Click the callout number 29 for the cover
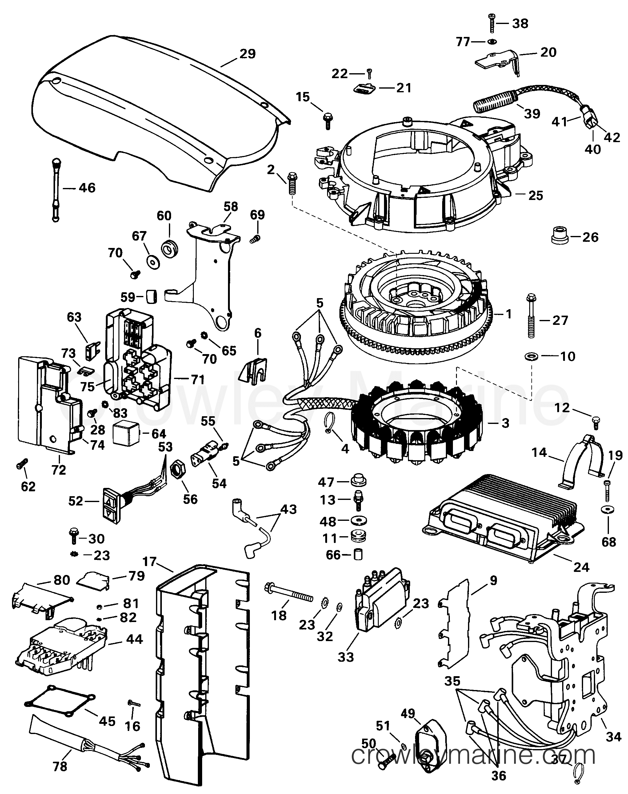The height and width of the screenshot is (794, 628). point(247,54)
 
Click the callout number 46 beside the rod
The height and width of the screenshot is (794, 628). point(87,188)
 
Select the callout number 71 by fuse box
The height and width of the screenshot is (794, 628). point(198,379)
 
